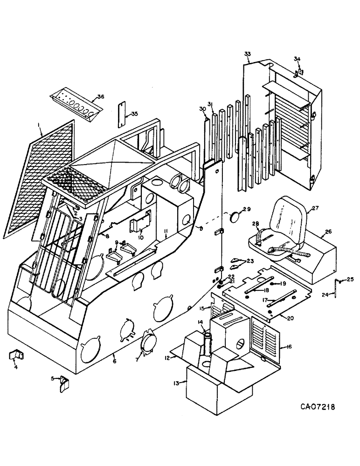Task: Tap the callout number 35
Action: click(x=135, y=114)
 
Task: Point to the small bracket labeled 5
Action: click(x=64, y=383)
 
